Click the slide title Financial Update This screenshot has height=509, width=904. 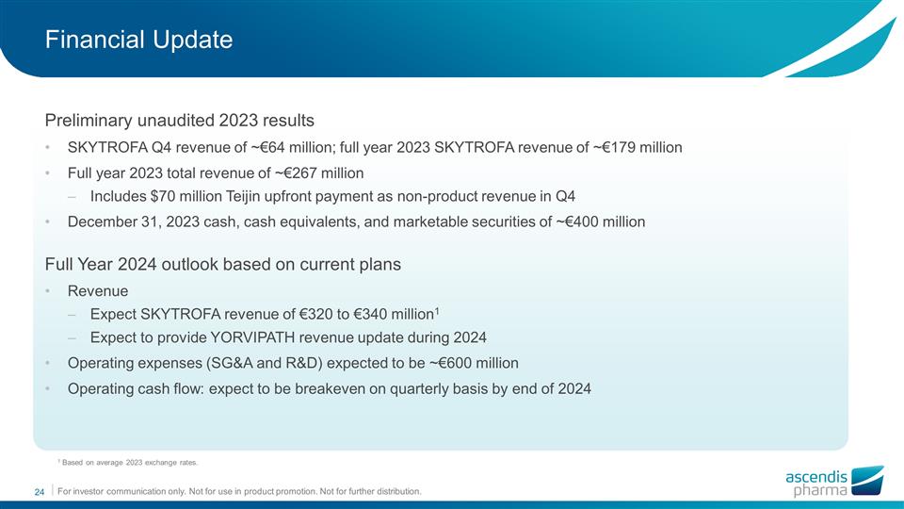138,40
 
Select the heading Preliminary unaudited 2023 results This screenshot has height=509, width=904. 179,121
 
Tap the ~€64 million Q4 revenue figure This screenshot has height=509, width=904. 261,148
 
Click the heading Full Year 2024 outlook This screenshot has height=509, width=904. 222,265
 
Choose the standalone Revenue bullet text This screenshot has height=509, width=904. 98,291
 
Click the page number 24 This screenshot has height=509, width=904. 40,492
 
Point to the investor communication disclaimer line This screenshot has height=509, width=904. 239,492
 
